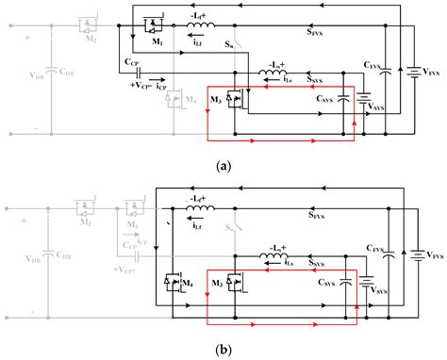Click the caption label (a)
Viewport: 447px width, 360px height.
point(223,165)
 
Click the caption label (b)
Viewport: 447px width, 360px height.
point(223,348)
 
